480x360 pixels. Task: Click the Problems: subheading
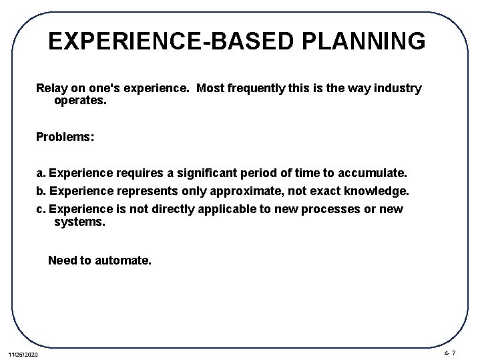pos(65,136)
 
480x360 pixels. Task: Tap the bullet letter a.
pos(41,174)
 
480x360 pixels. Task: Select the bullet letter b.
pos(41,191)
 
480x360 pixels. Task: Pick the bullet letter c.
pos(41,209)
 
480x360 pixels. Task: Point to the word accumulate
pos(370,174)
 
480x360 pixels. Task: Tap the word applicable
pos(227,209)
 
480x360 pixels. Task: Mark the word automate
pos(123,260)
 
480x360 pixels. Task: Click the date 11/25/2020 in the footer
pos(24,352)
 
